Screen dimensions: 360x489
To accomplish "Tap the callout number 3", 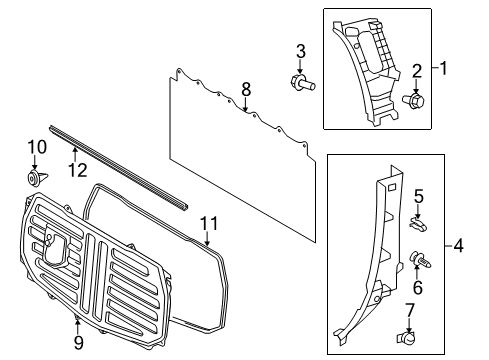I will pos(300,51).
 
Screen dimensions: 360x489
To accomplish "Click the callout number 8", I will pos(245,90).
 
